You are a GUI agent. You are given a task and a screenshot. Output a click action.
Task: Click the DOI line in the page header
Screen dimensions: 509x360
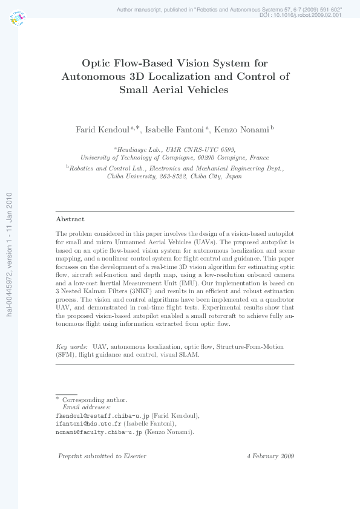click(301, 16)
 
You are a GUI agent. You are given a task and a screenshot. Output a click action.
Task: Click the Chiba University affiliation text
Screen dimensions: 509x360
click(133, 177)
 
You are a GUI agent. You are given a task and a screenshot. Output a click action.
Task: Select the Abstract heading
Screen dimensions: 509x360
click(70, 219)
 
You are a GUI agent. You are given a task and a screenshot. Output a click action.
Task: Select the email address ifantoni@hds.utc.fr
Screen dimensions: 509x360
click(88, 424)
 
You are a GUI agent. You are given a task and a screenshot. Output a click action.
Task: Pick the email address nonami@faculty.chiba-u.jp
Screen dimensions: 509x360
click(99, 432)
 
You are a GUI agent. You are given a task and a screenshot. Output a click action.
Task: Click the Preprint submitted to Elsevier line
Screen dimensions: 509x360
click(102, 456)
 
